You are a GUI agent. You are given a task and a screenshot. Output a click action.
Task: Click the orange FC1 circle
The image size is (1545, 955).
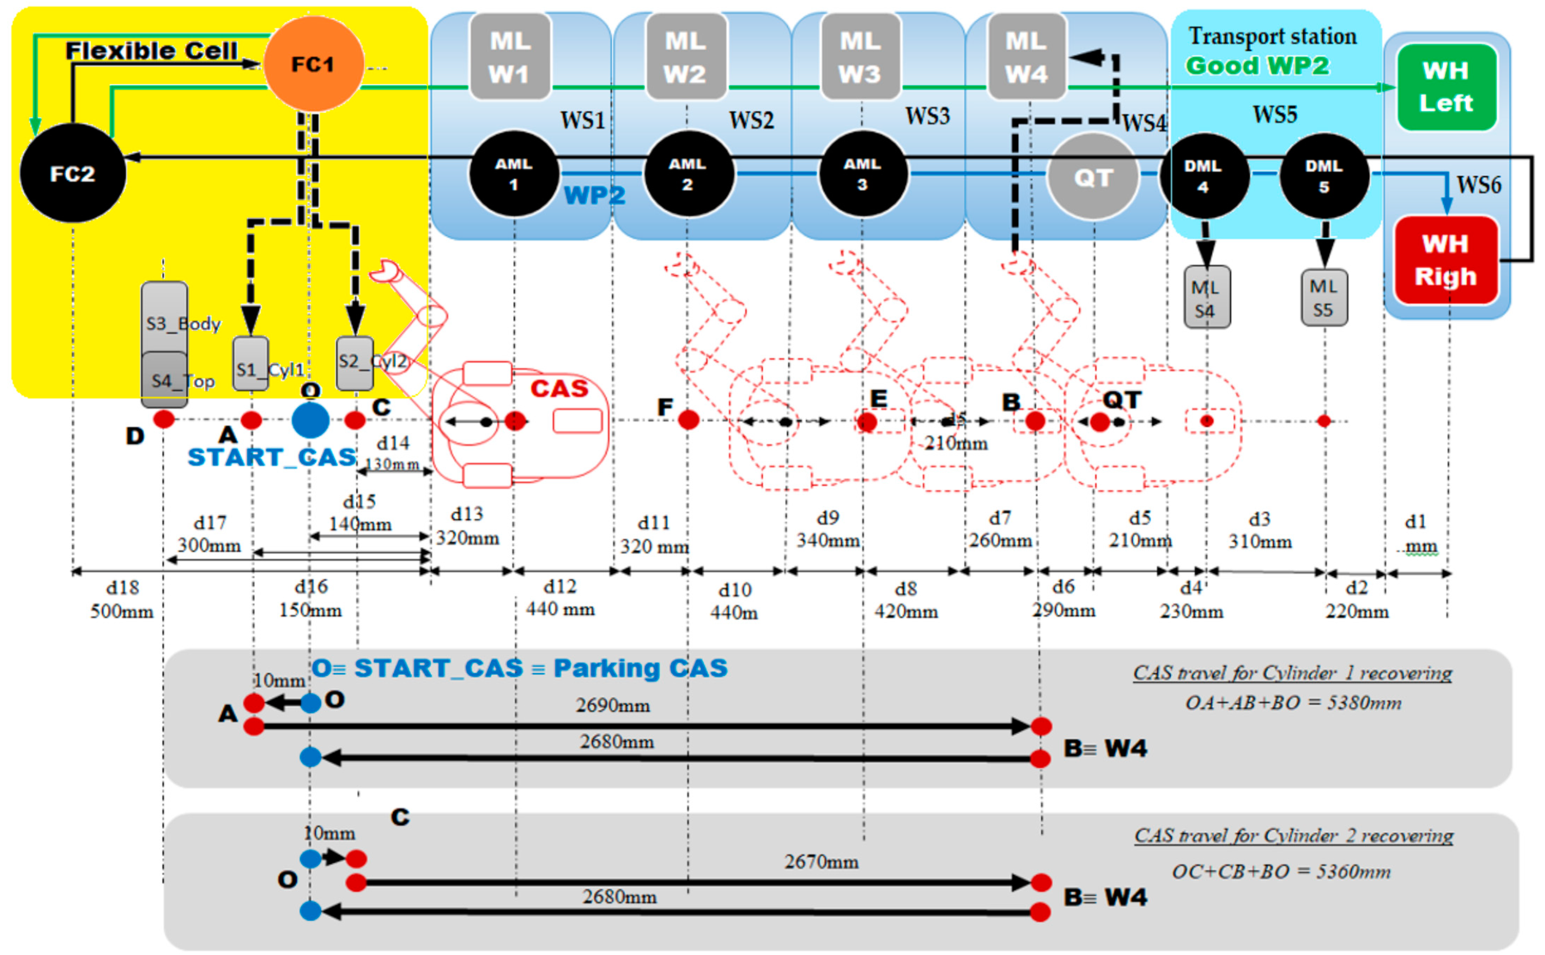(x=313, y=64)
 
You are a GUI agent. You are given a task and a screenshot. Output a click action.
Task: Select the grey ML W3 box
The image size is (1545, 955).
(x=860, y=57)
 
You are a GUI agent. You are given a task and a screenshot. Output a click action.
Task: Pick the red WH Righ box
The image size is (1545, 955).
(x=1446, y=259)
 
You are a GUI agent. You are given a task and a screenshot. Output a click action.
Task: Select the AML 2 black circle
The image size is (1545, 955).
(x=688, y=174)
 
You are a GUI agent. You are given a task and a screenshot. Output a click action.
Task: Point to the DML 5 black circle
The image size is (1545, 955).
(x=1324, y=176)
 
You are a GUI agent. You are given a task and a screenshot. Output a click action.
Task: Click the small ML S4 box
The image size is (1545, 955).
(x=1206, y=297)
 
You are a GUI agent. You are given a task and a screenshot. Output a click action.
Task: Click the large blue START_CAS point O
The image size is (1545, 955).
(x=310, y=420)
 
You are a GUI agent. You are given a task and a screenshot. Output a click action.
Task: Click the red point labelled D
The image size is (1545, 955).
(x=164, y=419)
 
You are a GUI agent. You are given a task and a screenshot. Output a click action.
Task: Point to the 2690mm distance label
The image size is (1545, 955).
(x=612, y=705)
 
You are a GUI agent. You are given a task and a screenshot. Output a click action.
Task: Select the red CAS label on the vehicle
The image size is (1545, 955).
(x=559, y=388)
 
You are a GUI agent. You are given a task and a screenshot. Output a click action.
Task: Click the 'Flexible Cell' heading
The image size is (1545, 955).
(x=152, y=51)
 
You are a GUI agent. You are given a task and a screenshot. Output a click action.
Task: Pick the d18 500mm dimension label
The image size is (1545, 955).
(x=122, y=599)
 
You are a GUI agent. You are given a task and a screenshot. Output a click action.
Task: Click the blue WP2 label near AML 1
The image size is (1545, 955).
(x=594, y=195)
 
